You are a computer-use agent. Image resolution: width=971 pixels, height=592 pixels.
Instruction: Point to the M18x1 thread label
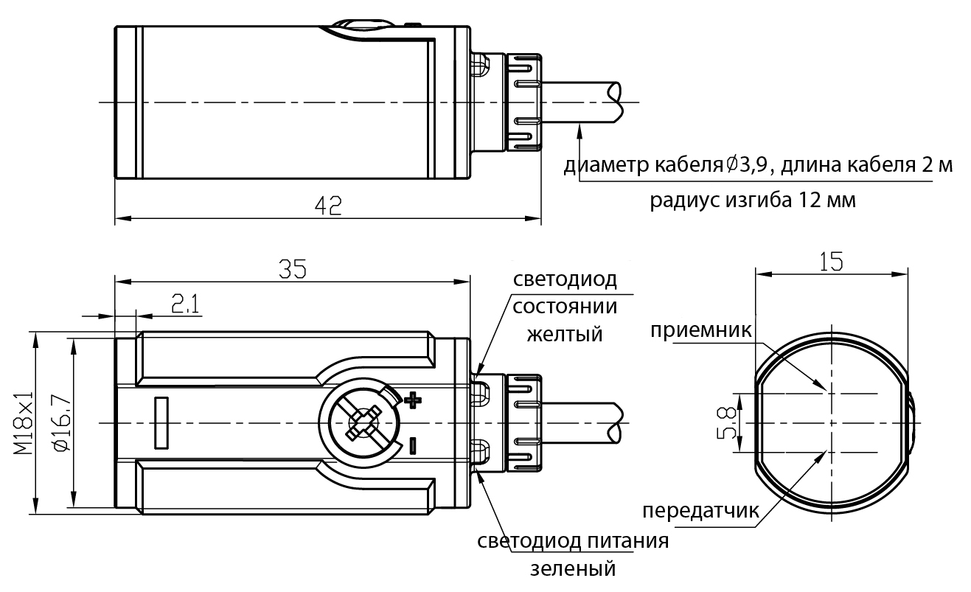pyautogui.click(x=24, y=423)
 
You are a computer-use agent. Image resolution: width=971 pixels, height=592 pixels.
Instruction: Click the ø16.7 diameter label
pyautogui.click(x=62, y=423)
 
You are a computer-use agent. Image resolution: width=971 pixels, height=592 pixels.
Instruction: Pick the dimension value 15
pyautogui.click(x=831, y=261)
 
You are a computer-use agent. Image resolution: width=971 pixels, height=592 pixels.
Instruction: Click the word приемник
pyautogui.click(x=700, y=330)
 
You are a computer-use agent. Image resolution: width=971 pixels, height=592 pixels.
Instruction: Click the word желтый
pyautogui.click(x=564, y=334)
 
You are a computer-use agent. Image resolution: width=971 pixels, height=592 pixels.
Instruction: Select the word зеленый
pyautogui.click(x=572, y=569)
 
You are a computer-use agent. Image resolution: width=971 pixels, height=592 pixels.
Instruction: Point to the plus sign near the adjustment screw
pyautogui.click(x=413, y=400)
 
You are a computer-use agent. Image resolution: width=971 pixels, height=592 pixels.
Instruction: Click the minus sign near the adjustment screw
pyautogui.click(x=412, y=445)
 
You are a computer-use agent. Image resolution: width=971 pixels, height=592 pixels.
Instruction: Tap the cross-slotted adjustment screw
pyautogui.click(x=359, y=423)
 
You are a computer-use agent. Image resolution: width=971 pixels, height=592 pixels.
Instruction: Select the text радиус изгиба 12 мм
pyautogui.click(x=753, y=201)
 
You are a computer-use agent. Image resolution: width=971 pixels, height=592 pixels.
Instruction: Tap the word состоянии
pyautogui.click(x=565, y=307)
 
